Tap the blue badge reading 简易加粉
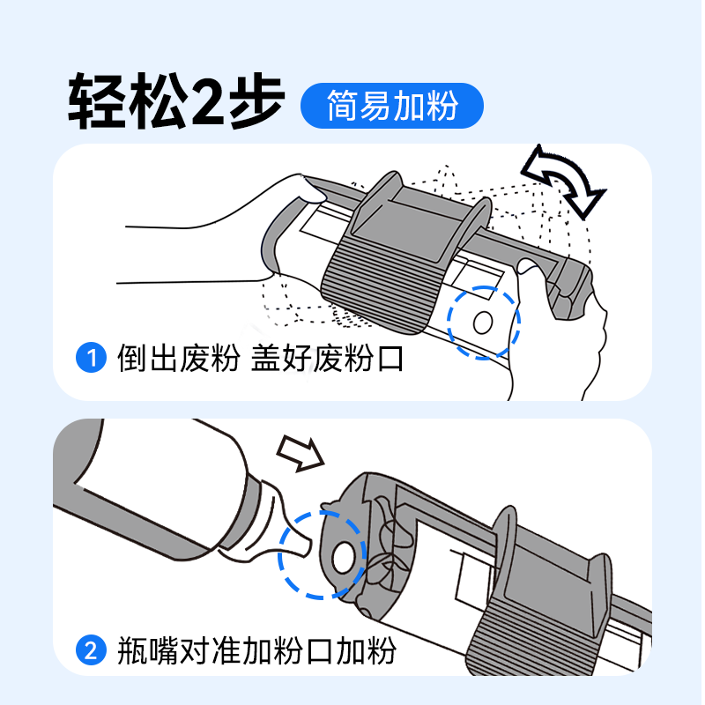[392, 107]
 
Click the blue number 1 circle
[91, 360]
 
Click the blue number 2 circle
[91, 652]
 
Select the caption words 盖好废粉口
[327, 360]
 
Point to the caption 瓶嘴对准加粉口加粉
[256, 652]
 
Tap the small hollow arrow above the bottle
[300, 450]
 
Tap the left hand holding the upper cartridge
[220, 229]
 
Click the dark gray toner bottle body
[150, 493]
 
